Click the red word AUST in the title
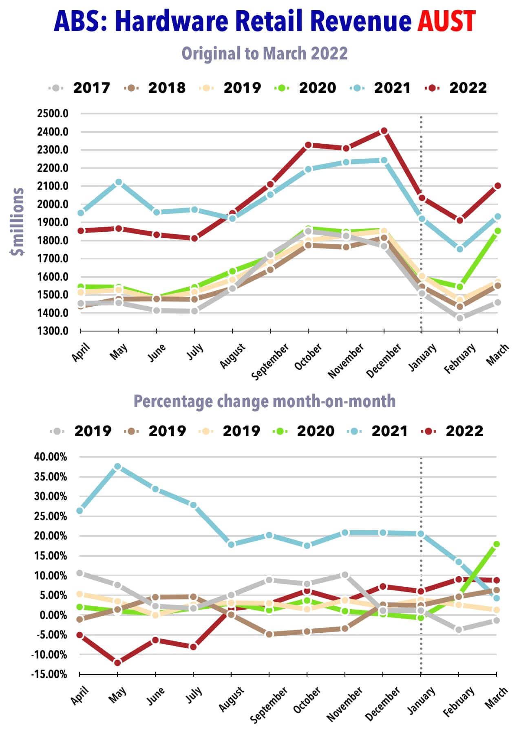pos(446,21)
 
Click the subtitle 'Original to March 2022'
pos(265,53)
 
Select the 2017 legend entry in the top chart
pos(80,88)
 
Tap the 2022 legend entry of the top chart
pos(456,88)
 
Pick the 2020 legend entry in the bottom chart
pos(304,431)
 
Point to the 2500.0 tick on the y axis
pos(53,114)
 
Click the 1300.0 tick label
pos(53,331)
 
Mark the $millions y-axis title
pos(18,222)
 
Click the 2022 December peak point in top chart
pos(384,131)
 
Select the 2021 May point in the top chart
pos(119,182)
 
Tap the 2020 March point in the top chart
pos(497,230)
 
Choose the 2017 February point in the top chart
pos(459,318)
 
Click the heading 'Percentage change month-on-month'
pos(265,401)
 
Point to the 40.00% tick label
pos(51,457)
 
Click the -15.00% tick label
pos(49,674)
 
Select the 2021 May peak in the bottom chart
pos(117,467)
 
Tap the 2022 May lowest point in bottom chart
pos(117,663)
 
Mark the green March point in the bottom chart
pos(496,544)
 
